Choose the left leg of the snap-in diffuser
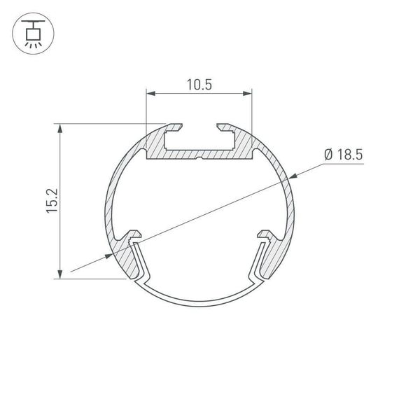141,263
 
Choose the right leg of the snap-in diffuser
258,263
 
